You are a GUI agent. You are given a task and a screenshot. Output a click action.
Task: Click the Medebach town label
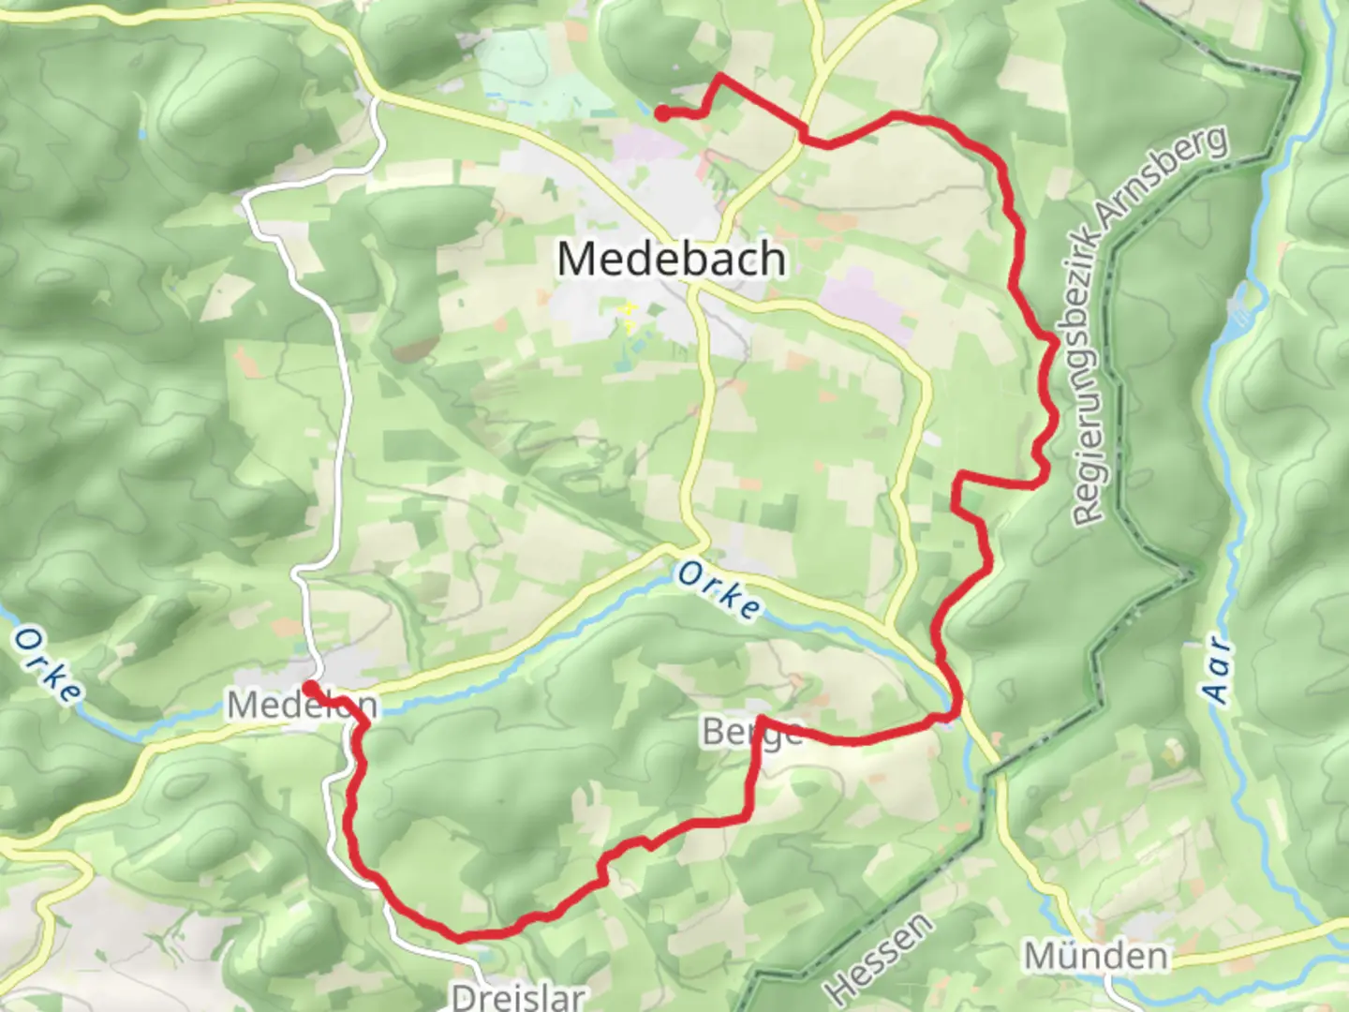click(672, 259)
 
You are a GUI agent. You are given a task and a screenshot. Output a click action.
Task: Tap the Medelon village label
click(302, 705)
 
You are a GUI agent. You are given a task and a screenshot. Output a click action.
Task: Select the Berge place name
click(751, 733)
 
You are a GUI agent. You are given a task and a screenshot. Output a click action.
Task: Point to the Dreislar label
click(518, 995)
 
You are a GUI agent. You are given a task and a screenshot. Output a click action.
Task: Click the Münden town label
click(1097, 957)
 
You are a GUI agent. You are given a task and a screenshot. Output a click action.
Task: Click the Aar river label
click(1217, 669)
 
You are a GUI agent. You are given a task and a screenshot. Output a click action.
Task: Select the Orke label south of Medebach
click(719, 590)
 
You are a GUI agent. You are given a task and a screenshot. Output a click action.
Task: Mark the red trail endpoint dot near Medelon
click(308, 689)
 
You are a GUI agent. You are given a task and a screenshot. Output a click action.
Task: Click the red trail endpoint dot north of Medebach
click(661, 114)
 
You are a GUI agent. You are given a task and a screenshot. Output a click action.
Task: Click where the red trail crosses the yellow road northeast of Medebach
click(804, 134)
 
